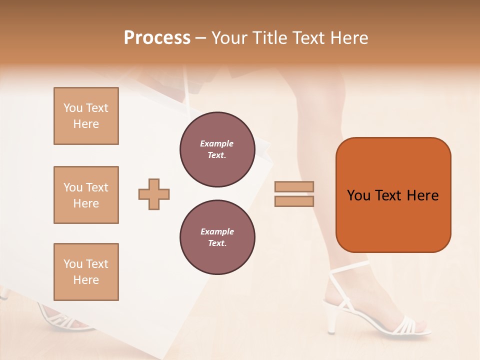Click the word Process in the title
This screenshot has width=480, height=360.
click(157, 38)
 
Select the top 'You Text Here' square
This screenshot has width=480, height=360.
click(86, 116)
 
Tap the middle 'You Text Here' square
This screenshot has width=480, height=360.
click(86, 195)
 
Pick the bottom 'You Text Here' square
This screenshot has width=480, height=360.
click(86, 271)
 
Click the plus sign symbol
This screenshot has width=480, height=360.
click(154, 194)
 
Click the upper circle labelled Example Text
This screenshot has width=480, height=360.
click(217, 149)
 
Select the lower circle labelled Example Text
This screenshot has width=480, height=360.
click(217, 237)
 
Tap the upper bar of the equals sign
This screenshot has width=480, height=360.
click(294, 186)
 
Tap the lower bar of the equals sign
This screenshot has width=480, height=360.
click(294, 201)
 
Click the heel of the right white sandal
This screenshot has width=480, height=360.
click(332, 320)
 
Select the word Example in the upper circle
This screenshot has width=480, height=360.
click(217, 143)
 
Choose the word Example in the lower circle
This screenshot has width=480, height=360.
click(217, 231)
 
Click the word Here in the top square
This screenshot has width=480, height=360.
click(86, 124)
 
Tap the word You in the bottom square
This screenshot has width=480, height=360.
click(73, 264)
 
